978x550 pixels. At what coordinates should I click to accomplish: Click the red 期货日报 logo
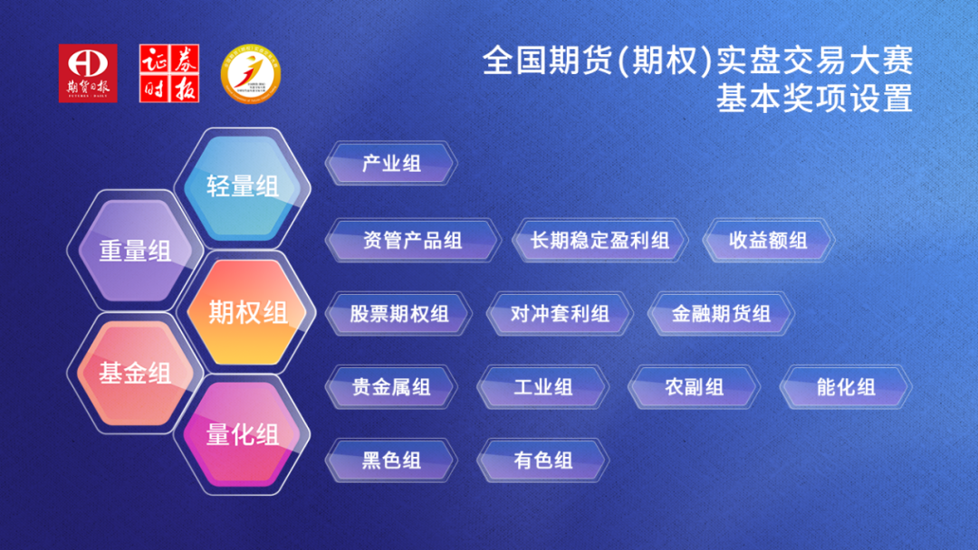(x=88, y=73)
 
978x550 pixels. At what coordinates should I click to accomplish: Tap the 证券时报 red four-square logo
(x=169, y=73)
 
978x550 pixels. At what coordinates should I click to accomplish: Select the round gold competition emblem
(x=251, y=73)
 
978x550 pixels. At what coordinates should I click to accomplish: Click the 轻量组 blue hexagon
(x=243, y=187)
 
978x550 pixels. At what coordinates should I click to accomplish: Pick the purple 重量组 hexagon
(x=135, y=251)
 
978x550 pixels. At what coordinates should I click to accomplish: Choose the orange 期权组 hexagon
(x=247, y=312)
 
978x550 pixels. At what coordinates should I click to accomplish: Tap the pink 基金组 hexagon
(x=135, y=373)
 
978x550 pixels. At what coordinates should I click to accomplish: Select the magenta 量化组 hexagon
(x=242, y=435)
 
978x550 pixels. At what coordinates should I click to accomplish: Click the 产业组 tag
(x=391, y=164)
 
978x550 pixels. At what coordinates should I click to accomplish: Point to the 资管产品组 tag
(x=413, y=241)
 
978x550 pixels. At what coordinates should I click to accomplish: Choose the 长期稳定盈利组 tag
(x=600, y=241)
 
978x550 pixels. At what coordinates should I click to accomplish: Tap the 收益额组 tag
(x=769, y=241)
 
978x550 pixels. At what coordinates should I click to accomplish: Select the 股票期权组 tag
(x=398, y=314)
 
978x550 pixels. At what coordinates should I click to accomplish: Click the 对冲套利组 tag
(x=560, y=314)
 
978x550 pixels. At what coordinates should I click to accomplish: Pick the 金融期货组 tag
(x=721, y=314)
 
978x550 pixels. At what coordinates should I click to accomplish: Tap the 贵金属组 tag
(x=391, y=387)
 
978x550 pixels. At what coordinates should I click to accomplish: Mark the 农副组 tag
(x=695, y=387)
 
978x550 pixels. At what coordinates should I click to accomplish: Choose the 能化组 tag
(x=846, y=387)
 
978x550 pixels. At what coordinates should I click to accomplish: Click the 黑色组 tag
(x=391, y=461)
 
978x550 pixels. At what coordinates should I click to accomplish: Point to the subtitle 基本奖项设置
(x=815, y=99)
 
